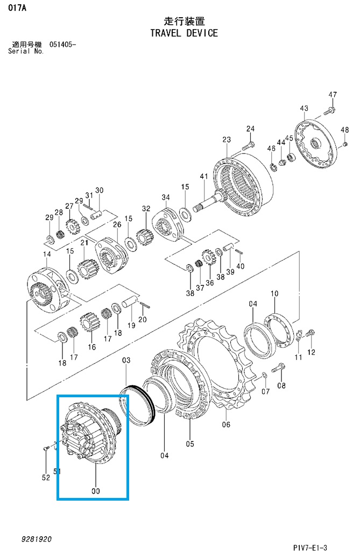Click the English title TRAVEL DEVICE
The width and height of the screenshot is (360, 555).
click(183, 33)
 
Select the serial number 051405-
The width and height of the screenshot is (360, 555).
click(62, 45)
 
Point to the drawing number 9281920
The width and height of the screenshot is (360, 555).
click(37, 539)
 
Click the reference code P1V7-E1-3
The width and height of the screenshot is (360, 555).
click(310, 547)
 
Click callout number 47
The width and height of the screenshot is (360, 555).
click(333, 95)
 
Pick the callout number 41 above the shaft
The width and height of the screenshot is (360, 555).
click(204, 176)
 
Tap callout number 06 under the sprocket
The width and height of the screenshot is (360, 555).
click(226, 424)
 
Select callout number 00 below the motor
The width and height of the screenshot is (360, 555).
click(96, 491)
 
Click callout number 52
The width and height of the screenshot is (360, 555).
click(46, 477)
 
